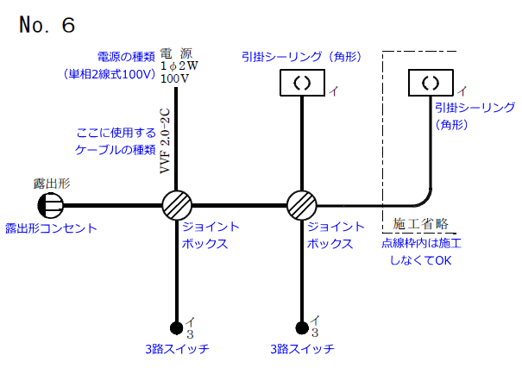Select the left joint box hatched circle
(x=176, y=206)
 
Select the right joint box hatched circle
(x=302, y=206)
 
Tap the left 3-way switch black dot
(x=176, y=327)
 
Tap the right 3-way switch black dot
(x=302, y=327)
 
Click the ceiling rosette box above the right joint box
(x=302, y=84)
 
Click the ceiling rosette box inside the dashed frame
(x=430, y=84)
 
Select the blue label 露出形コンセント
(x=51, y=228)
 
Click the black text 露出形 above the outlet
(x=51, y=184)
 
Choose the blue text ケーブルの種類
(x=113, y=150)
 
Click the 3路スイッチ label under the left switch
(x=177, y=349)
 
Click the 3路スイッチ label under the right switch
(x=301, y=349)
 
